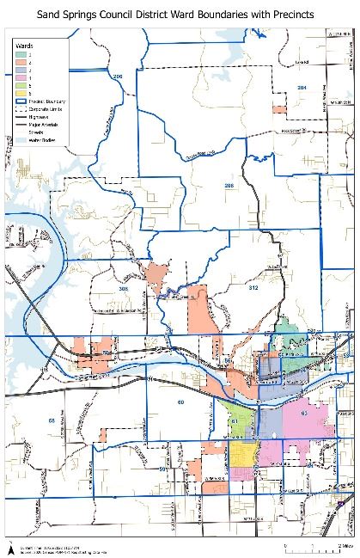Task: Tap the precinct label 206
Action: click(119, 77)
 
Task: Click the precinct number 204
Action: click(302, 88)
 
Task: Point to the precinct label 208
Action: click(229, 186)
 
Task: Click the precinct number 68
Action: click(52, 420)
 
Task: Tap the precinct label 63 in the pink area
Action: click(304, 413)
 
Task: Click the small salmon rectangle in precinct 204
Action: click(278, 109)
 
